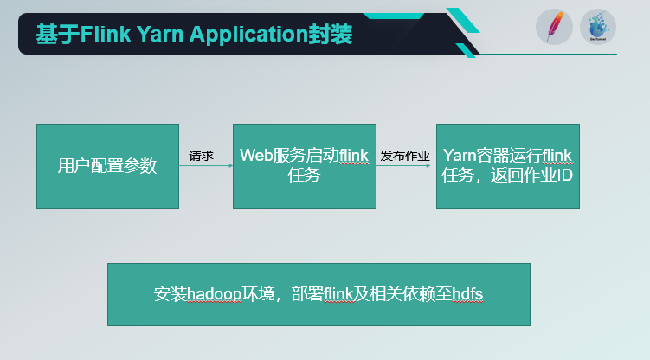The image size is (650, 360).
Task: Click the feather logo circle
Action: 553,27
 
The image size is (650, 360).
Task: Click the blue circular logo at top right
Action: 597,27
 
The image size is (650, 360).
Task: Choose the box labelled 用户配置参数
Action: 107,165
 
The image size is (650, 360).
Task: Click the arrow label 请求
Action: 202,156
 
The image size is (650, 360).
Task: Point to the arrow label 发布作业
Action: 405,156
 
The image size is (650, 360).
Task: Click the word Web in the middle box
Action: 256,156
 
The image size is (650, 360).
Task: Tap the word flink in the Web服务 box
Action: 354,156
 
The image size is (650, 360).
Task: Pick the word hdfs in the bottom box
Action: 467,294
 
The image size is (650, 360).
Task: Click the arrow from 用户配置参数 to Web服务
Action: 205,166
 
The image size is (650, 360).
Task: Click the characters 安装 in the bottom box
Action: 170,294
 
